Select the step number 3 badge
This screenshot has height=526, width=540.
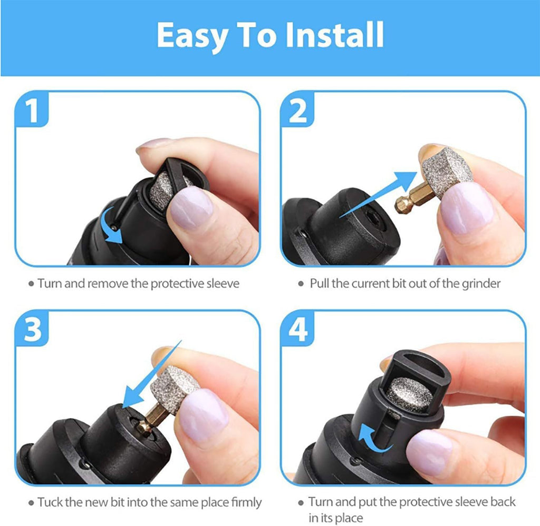point(33,331)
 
